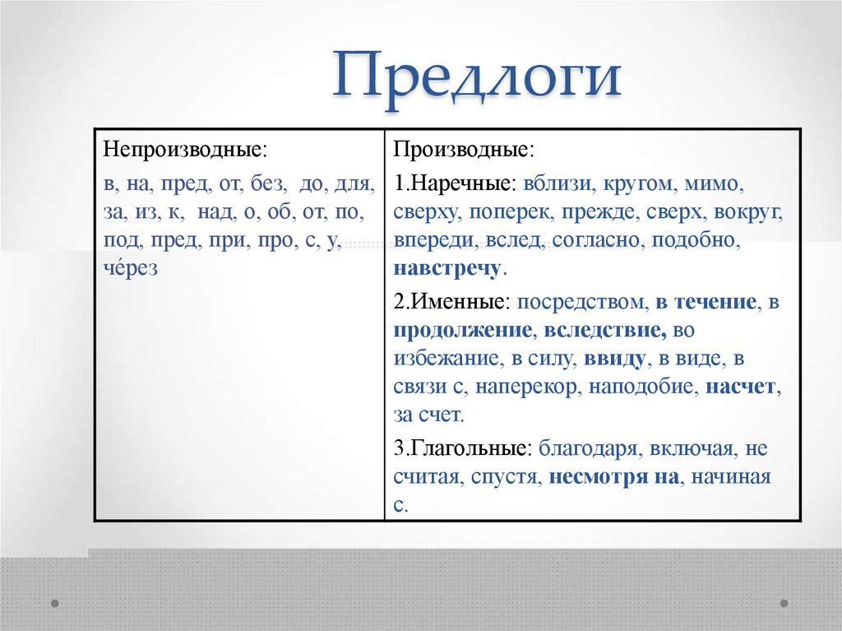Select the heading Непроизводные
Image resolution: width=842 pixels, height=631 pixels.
185,151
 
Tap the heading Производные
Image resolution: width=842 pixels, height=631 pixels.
463,151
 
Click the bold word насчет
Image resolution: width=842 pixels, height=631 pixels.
740,387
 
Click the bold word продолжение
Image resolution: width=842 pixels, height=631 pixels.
463,331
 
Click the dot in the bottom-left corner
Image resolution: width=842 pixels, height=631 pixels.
54,603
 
